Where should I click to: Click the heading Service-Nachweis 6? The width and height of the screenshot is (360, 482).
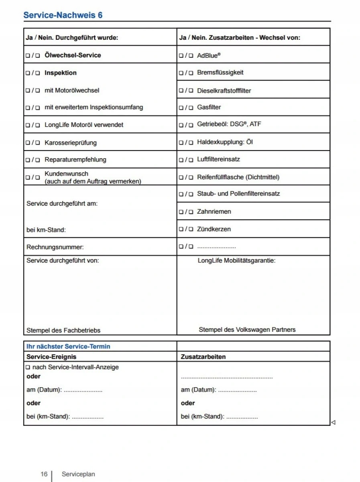[x=63, y=15]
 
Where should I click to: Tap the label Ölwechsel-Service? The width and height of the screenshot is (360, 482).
[x=73, y=55]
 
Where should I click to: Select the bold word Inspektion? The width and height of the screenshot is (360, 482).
[x=61, y=73]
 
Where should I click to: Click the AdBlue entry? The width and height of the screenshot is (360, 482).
[x=209, y=55]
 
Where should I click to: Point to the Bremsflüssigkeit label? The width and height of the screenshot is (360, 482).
[x=220, y=73]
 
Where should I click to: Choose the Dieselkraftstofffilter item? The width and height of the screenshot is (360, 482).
[x=224, y=90]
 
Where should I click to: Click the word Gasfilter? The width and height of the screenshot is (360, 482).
[x=209, y=107]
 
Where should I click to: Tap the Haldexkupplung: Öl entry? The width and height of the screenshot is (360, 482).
[x=225, y=142]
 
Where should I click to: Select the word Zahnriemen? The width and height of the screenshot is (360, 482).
[x=214, y=211]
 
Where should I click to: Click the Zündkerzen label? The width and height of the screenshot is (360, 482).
[x=214, y=229]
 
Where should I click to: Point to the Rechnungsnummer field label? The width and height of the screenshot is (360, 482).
[x=55, y=247]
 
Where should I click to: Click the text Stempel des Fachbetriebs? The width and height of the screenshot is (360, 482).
[x=63, y=331]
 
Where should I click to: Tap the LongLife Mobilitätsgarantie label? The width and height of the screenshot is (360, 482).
[x=236, y=261]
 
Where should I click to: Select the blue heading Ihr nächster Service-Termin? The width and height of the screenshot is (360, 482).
[x=68, y=346]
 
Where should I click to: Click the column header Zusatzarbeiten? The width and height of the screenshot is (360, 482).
[x=203, y=357]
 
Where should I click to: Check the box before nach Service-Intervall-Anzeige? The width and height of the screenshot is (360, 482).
[x=28, y=367]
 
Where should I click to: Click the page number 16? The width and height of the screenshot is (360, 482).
[x=44, y=474]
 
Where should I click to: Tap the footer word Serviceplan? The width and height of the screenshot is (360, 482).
[x=78, y=474]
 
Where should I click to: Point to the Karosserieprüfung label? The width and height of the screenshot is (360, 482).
[x=71, y=143]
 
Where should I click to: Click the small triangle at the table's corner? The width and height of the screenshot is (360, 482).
[x=333, y=422]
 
